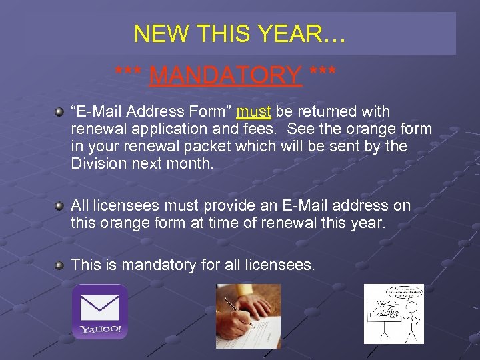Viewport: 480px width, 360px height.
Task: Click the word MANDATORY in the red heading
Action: [x=225, y=75]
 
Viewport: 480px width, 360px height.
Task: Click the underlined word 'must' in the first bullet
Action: [x=253, y=111]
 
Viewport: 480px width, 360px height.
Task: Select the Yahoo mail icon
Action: [x=99, y=312]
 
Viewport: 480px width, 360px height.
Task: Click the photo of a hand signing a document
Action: [x=248, y=316]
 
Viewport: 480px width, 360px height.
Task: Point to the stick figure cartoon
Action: [x=393, y=314]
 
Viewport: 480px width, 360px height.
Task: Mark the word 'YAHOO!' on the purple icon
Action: [x=100, y=329]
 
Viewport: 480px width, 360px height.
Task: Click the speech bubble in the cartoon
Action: [x=393, y=293]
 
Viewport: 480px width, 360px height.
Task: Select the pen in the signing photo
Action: [x=237, y=312]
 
